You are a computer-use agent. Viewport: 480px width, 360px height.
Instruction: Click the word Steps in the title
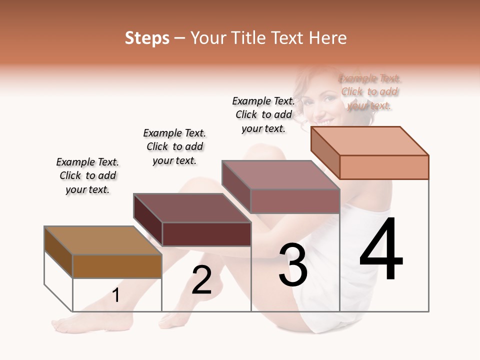(x=146, y=38)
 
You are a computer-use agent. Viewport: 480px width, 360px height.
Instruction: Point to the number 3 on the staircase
(x=292, y=265)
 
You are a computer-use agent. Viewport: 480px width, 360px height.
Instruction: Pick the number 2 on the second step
(x=201, y=280)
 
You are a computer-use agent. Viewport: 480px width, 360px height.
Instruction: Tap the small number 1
(x=116, y=295)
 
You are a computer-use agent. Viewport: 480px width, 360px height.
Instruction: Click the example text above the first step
(x=87, y=176)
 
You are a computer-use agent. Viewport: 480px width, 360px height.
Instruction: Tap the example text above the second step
(x=174, y=147)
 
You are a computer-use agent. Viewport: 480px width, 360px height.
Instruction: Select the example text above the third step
(x=263, y=114)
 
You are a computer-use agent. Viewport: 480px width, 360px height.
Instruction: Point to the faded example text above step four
(x=369, y=92)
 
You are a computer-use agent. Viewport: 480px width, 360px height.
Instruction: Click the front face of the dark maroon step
(x=206, y=234)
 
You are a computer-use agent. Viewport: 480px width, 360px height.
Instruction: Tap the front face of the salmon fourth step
(x=384, y=167)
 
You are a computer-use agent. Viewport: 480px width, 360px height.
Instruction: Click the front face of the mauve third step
(x=295, y=201)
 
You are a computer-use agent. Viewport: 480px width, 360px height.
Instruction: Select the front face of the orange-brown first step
(x=117, y=266)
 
